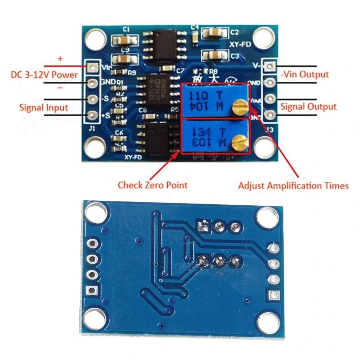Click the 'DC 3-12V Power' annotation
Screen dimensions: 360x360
point(44,75)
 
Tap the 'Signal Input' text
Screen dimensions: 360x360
point(44,107)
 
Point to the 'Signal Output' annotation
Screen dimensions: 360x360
point(308,107)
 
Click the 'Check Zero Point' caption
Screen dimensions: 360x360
point(152,185)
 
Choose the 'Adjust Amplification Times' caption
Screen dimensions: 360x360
point(293,185)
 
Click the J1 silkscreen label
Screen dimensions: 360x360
point(92,129)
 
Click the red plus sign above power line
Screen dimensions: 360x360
point(60,59)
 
